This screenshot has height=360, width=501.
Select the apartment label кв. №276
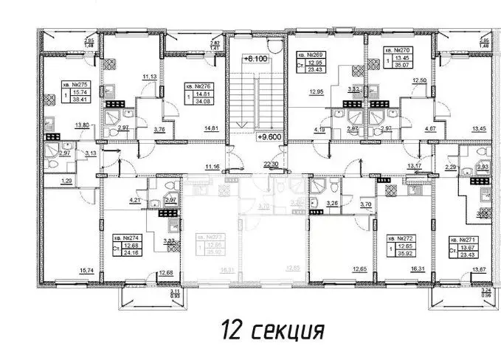coord(196,86)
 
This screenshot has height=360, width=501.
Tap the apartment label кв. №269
coord(308,55)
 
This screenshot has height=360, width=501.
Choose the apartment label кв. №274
coord(122,238)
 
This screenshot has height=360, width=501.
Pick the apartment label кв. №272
coord(399,239)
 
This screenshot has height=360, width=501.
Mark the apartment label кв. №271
coord(463,240)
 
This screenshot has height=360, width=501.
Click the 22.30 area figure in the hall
coord(272,165)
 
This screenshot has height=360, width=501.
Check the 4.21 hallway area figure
coord(135,200)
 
